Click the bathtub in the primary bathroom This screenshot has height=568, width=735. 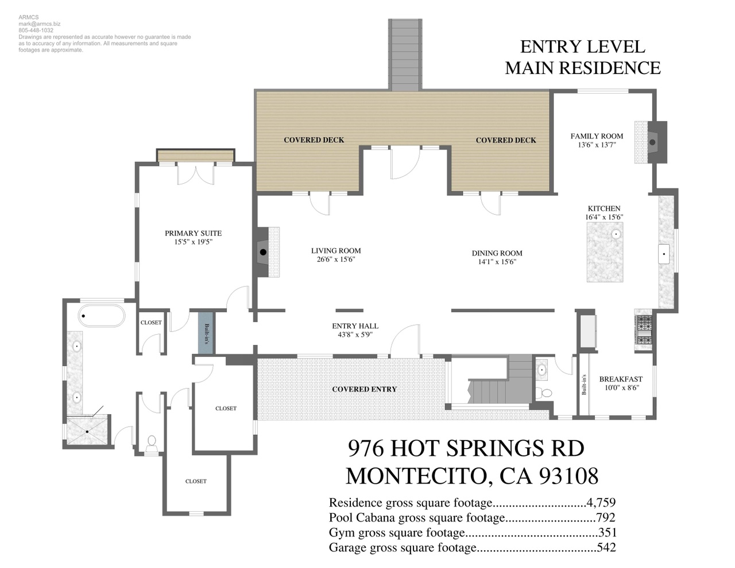[x=102, y=316]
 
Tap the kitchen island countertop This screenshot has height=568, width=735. [x=605, y=252]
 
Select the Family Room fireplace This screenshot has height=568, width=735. [x=651, y=142]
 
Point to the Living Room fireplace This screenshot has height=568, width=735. [x=268, y=252]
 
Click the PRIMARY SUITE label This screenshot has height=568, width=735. [x=193, y=233]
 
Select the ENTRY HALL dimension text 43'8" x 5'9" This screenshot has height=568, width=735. [x=355, y=335]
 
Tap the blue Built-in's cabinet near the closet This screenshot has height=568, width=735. [x=206, y=333]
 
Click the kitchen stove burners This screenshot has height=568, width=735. [x=644, y=330]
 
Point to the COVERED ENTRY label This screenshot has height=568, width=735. [x=364, y=389]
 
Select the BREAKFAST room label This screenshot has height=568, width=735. [x=621, y=379]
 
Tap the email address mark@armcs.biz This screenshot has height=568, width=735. [x=40, y=24]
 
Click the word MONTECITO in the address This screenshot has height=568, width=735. [x=417, y=476]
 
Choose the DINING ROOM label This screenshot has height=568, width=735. [x=497, y=253]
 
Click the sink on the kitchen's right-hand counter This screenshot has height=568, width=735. [x=664, y=254]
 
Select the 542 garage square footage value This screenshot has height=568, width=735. [x=606, y=547]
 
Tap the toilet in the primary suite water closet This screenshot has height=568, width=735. [x=152, y=444]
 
